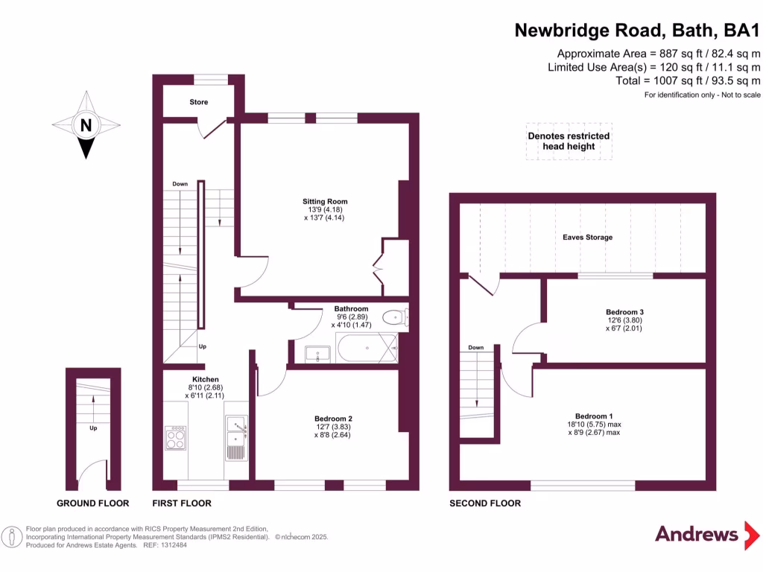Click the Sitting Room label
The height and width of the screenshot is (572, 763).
(x=325, y=201)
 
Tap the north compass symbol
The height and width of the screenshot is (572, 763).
(x=86, y=125)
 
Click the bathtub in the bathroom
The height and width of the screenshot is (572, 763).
(x=366, y=348)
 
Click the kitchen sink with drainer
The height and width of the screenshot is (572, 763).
(x=236, y=438)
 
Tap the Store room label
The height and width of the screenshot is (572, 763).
(x=198, y=102)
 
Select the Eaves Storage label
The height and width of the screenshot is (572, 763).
(x=587, y=237)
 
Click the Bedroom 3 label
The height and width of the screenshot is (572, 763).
(x=624, y=312)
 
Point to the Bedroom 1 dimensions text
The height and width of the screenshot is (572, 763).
(x=594, y=428)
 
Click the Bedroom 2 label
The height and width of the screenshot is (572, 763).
(x=333, y=419)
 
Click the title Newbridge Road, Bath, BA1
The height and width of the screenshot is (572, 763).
(x=638, y=31)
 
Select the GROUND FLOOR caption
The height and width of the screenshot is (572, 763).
(x=93, y=503)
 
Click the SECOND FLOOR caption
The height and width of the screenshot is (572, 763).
(x=485, y=503)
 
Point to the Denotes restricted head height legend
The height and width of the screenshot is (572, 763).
(x=569, y=141)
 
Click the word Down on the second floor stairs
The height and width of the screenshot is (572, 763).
(x=476, y=348)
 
